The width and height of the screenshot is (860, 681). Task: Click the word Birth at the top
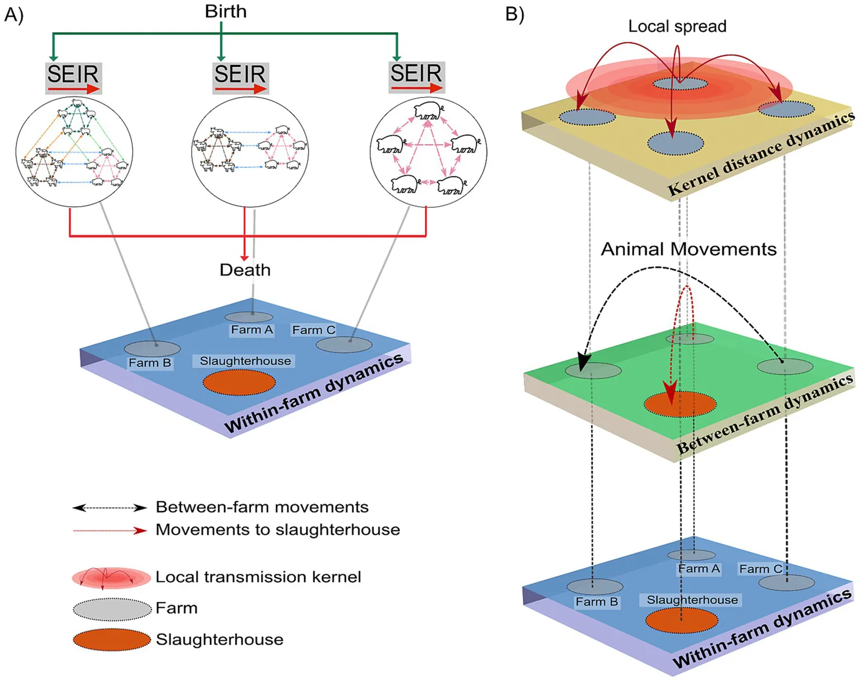(x=225, y=11)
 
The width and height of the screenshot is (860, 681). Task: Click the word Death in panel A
(x=245, y=270)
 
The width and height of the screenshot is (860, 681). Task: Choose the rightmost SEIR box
(x=416, y=77)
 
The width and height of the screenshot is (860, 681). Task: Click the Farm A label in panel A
(x=252, y=330)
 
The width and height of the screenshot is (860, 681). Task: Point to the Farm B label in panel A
(x=150, y=363)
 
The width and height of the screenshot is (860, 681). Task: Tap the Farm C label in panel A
(x=314, y=330)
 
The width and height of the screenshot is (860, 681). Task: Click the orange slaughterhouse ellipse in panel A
(x=239, y=383)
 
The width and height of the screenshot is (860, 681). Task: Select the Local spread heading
(x=677, y=26)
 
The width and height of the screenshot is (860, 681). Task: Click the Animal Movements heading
(x=689, y=249)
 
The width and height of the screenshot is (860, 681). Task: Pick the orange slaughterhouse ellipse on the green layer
(x=680, y=404)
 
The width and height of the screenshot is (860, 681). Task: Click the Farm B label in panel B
(x=597, y=602)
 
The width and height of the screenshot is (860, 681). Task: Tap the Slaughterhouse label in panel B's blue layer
(x=692, y=600)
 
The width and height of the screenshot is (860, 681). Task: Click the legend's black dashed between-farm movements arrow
(x=110, y=508)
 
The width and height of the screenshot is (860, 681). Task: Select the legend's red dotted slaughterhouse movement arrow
(x=110, y=530)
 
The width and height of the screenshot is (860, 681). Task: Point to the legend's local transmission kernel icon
(x=111, y=578)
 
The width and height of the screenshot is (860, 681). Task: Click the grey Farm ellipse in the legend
(x=112, y=609)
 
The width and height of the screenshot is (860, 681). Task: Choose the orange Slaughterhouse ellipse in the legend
(x=112, y=640)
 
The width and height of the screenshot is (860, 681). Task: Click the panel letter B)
(x=514, y=14)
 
